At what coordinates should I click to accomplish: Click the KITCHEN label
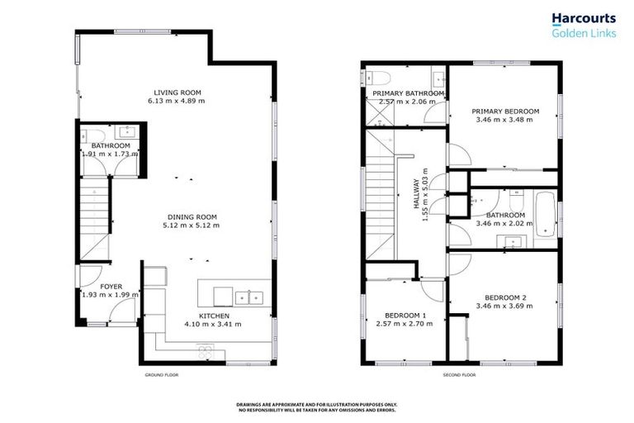tap(213, 316)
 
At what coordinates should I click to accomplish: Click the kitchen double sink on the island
tap(248, 297)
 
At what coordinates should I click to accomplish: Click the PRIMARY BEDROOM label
tap(505, 111)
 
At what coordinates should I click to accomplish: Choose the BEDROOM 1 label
tap(406, 316)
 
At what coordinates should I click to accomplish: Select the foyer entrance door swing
tap(125, 311)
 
